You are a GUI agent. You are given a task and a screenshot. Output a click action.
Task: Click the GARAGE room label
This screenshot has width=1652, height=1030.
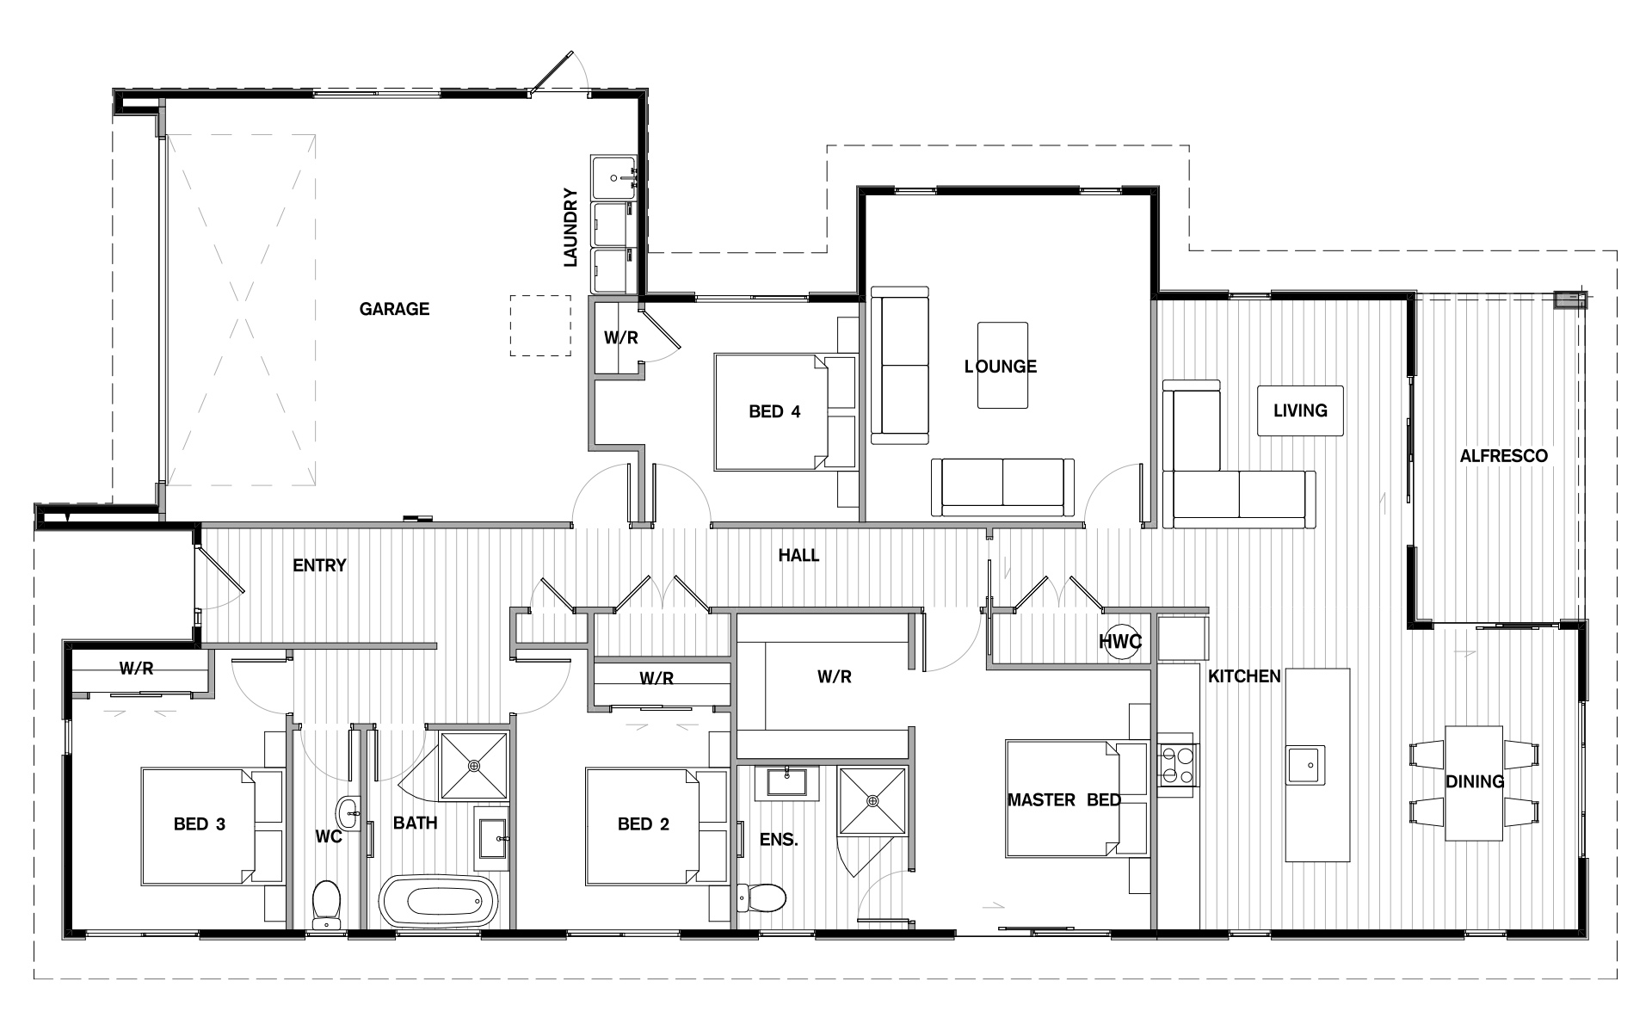[x=394, y=309]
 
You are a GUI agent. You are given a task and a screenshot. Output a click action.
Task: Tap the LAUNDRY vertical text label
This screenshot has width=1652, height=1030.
[x=570, y=227]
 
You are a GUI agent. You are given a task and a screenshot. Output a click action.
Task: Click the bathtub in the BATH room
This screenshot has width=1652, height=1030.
[x=439, y=901]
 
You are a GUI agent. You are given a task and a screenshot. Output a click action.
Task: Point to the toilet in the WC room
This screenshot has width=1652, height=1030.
[x=326, y=904]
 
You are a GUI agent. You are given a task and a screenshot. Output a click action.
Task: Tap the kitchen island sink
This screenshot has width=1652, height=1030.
[x=1305, y=765]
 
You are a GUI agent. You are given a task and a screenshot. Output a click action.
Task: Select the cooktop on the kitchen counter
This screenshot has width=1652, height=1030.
[x=1176, y=765]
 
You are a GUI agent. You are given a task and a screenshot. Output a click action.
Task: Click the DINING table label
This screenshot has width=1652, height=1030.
[x=1475, y=781]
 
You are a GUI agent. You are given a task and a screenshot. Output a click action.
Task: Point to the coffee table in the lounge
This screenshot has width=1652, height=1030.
[x=1002, y=365]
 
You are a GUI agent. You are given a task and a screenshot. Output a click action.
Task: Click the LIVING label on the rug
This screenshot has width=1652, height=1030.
[x=1300, y=410]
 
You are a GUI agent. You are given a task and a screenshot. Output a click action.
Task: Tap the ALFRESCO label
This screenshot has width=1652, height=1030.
[x=1503, y=456]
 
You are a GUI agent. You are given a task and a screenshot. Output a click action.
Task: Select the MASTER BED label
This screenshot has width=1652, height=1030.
[x=1064, y=800]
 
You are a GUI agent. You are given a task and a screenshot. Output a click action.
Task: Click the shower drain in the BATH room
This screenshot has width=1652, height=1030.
[x=474, y=765]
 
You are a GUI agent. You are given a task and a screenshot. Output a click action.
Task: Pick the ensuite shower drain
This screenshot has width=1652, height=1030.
[x=873, y=801]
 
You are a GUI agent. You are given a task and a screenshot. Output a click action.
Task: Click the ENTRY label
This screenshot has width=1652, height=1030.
[x=319, y=565]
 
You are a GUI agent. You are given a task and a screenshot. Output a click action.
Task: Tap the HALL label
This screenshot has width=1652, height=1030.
[x=798, y=556]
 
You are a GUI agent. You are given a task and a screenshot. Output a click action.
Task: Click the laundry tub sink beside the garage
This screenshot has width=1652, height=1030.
[x=613, y=177]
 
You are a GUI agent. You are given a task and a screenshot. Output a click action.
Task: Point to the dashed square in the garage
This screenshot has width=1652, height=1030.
[x=540, y=325]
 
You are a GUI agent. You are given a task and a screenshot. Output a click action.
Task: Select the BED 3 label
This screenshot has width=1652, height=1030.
[x=200, y=824]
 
